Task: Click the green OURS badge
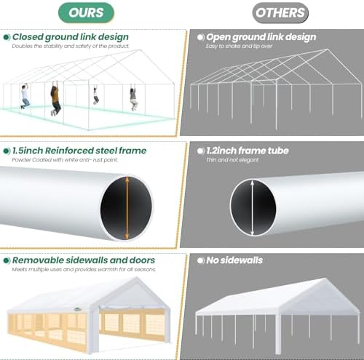[86, 12]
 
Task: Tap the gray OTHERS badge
[280, 12]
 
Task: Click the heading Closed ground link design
[71, 37]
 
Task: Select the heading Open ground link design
[261, 37]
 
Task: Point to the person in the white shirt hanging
[25, 97]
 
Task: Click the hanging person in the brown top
[55, 98]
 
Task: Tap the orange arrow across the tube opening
[127, 208]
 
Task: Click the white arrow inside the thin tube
[253, 207]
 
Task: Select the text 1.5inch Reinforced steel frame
[79, 151]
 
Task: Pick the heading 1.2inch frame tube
[248, 151]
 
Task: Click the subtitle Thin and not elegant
[232, 160]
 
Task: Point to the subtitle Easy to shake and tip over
[239, 46]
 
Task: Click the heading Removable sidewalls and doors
[84, 260]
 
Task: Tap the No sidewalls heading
[234, 260]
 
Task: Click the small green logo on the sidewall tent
[77, 309]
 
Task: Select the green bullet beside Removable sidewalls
[7, 261]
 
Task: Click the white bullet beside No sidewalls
[201, 261]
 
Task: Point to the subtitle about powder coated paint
[65, 160]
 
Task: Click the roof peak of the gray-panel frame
[327, 49]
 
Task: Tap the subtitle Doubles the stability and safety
[71, 46]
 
